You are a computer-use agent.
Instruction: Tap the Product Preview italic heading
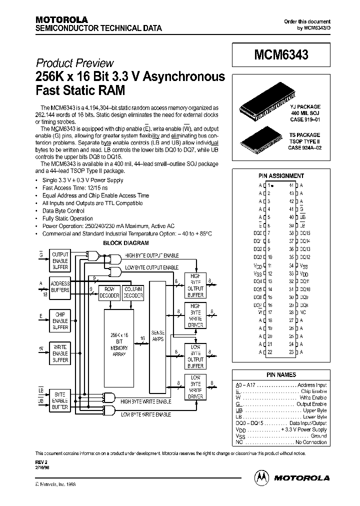point(75,63)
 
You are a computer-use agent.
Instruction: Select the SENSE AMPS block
point(157,335)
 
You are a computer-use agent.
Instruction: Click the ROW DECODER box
point(109,292)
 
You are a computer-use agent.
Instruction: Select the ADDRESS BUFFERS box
point(60,287)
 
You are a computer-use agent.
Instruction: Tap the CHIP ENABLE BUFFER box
point(60,320)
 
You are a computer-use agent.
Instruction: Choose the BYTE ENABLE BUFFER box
point(60,401)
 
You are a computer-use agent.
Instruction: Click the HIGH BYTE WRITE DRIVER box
point(195,315)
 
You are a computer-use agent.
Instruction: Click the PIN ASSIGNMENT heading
point(280,176)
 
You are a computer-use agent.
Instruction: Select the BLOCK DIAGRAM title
point(125,243)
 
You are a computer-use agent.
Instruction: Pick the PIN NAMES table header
point(280,374)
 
